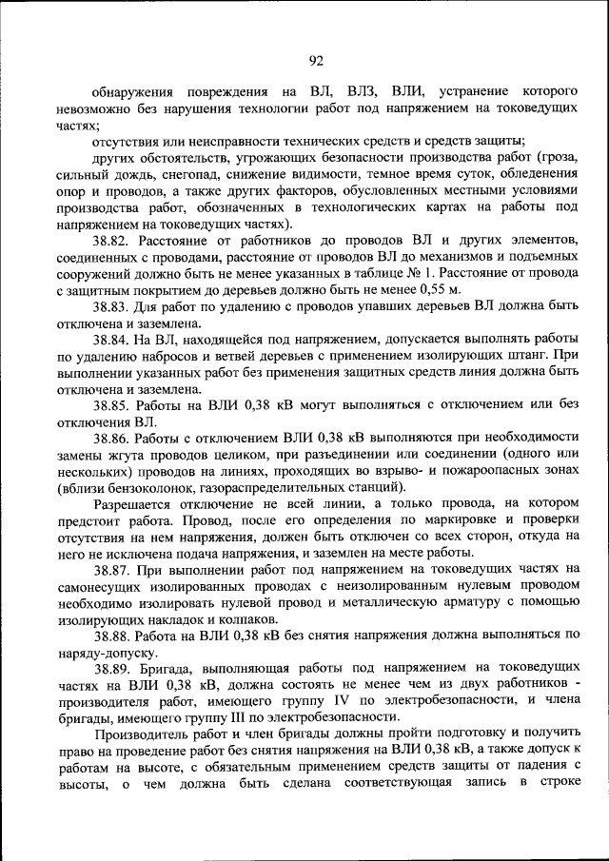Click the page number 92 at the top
pyautogui.click(x=317, y=61)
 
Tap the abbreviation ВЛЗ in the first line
pyautogui.click(x=364, y=93)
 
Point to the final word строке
pyautogui.click(x=555, y=783)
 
